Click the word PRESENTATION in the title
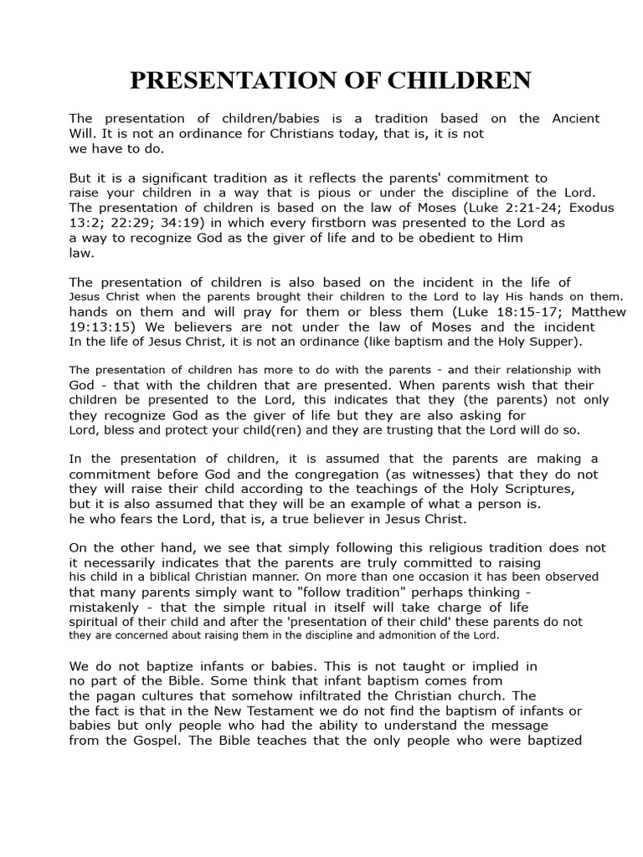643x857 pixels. coord(226,81)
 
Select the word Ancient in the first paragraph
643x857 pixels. coord(576,119)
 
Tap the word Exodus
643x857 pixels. coord(590,208)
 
